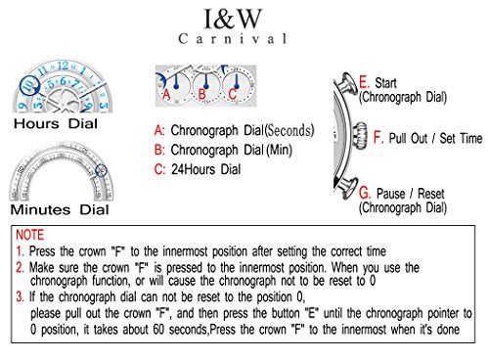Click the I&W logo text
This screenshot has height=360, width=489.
point(233,19)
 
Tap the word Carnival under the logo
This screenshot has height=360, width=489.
point(233,39)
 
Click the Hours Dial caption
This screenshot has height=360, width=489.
point(56,124)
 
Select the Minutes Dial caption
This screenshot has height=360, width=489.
point(60,209)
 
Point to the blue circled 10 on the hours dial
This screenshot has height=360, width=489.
point(29,85)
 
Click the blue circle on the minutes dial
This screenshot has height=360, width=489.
point(102,170)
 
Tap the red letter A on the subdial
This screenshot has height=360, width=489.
point(166,95)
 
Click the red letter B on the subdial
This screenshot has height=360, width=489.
point(202,95)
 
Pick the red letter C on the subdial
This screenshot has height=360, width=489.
point(232,94)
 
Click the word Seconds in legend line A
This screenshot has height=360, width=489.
point(289,130)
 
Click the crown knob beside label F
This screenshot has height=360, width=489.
point(360,136)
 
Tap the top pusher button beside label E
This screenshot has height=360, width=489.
point(346,83)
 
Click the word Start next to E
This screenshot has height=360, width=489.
point(385,83)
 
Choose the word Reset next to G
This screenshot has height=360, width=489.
point(431,194)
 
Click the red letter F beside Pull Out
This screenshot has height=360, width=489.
point(378,137)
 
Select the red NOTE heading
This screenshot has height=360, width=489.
point(30,235)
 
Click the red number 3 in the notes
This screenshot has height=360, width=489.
point(20,296)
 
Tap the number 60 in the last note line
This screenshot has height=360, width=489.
point(158,330)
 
